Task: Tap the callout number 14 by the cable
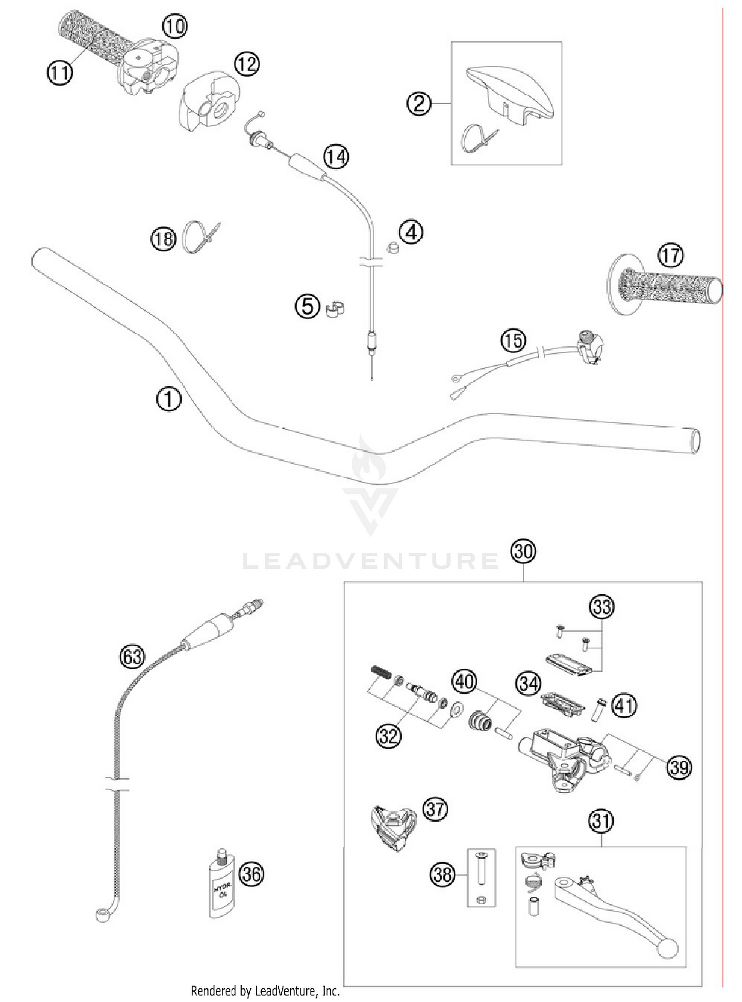click(x=336, y=157)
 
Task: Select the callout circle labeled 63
click(x=132, y=657)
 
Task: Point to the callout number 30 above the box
click(x=523, y=551)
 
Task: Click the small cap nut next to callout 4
click(x=392, y=247)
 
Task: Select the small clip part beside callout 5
click(x=335, y=308)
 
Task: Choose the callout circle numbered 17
click(x=670, y=255)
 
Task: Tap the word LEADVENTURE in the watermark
click(x=370, y=561)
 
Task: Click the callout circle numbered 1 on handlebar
click(x=169, y=399)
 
